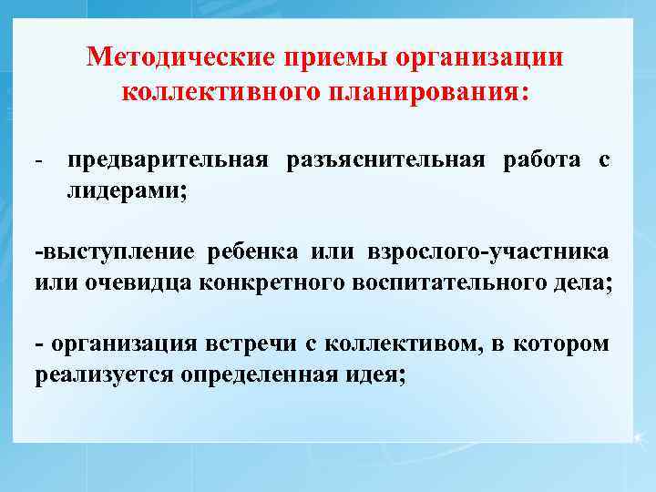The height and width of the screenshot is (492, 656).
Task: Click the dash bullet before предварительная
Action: [41, 160]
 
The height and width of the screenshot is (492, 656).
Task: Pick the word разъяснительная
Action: [389, 160]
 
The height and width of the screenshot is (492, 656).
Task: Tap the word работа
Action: [541, 160]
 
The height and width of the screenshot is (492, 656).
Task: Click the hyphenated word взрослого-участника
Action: [489, 251]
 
